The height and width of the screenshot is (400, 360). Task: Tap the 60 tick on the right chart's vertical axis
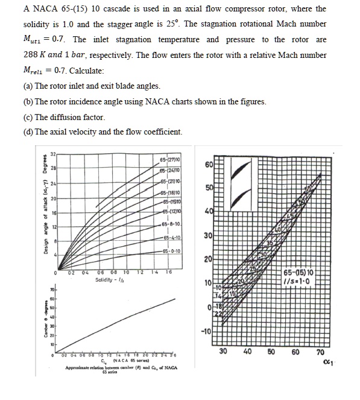pos(209,165)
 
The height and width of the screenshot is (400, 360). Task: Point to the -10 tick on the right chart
pos(207,331)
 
